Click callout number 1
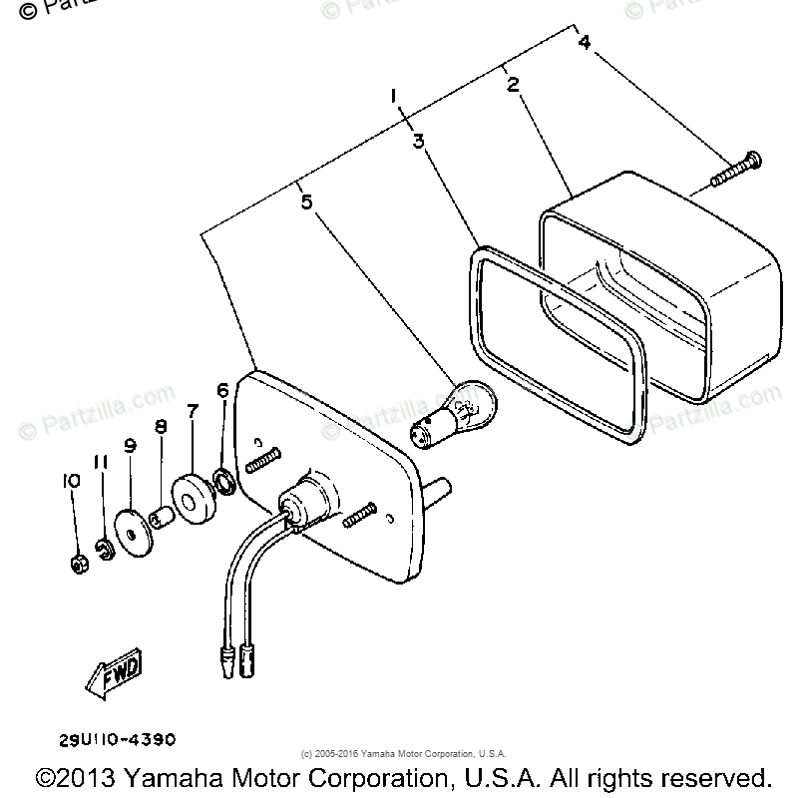(395, 96)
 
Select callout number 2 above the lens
(513, 85)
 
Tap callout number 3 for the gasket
(419, 141)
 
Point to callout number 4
(585, 42)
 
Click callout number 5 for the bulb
(306, 202)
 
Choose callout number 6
(222, 390)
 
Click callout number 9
(130, 446)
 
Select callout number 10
(70, 481)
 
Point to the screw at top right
(735, 170)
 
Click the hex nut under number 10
(78, 565)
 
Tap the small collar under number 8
(160, 517)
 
